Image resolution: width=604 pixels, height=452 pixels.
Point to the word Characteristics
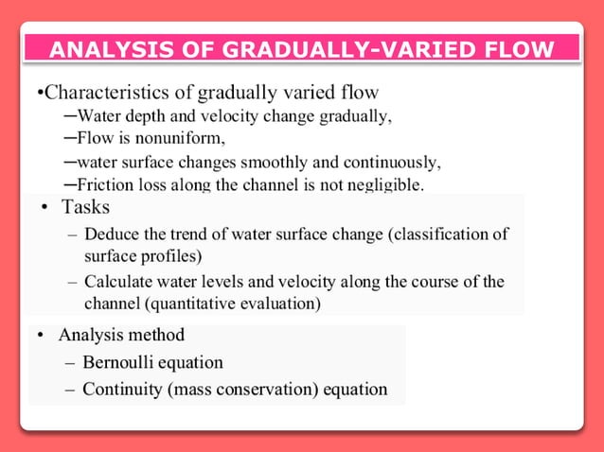[x=111, y=93]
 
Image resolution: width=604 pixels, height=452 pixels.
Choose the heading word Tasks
[x=85, y=207]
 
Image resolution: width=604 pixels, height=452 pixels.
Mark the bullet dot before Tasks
[x=44, y=208]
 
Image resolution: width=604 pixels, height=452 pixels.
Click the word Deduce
[x=112, y=234]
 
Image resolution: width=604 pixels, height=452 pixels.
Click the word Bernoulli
[x=119, y=362]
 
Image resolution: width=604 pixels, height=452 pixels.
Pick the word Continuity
[x=121, y=389]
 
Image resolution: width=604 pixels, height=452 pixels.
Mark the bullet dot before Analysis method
[x=41, y=336]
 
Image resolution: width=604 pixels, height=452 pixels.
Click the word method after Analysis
[x=155, y=335]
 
